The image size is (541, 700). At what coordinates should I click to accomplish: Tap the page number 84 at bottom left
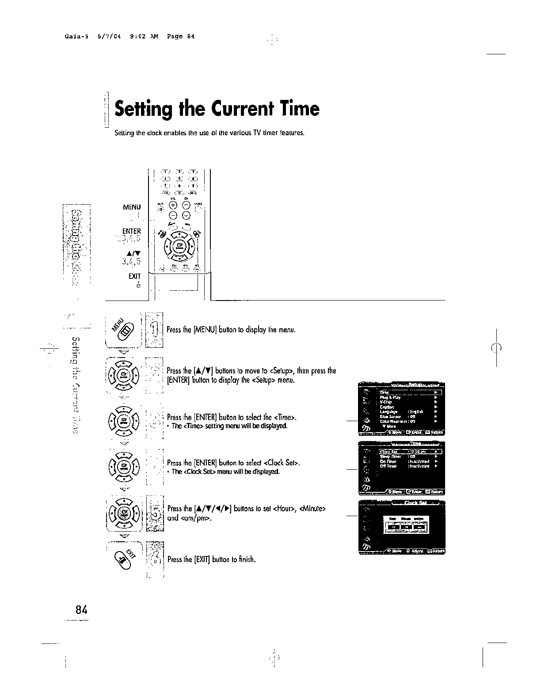pyautogui.click(x=81, y=610)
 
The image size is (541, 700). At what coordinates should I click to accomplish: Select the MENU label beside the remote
pyautogui.click(x=132, y=207)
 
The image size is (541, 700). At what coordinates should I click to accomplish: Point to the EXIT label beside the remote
pyautogui.click(x=134, y=276)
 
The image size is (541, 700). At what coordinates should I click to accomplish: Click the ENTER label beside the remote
pyautogui.click(x=131, y=231)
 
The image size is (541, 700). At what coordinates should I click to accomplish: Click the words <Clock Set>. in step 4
pyautogui.click(x=282, y=463)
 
